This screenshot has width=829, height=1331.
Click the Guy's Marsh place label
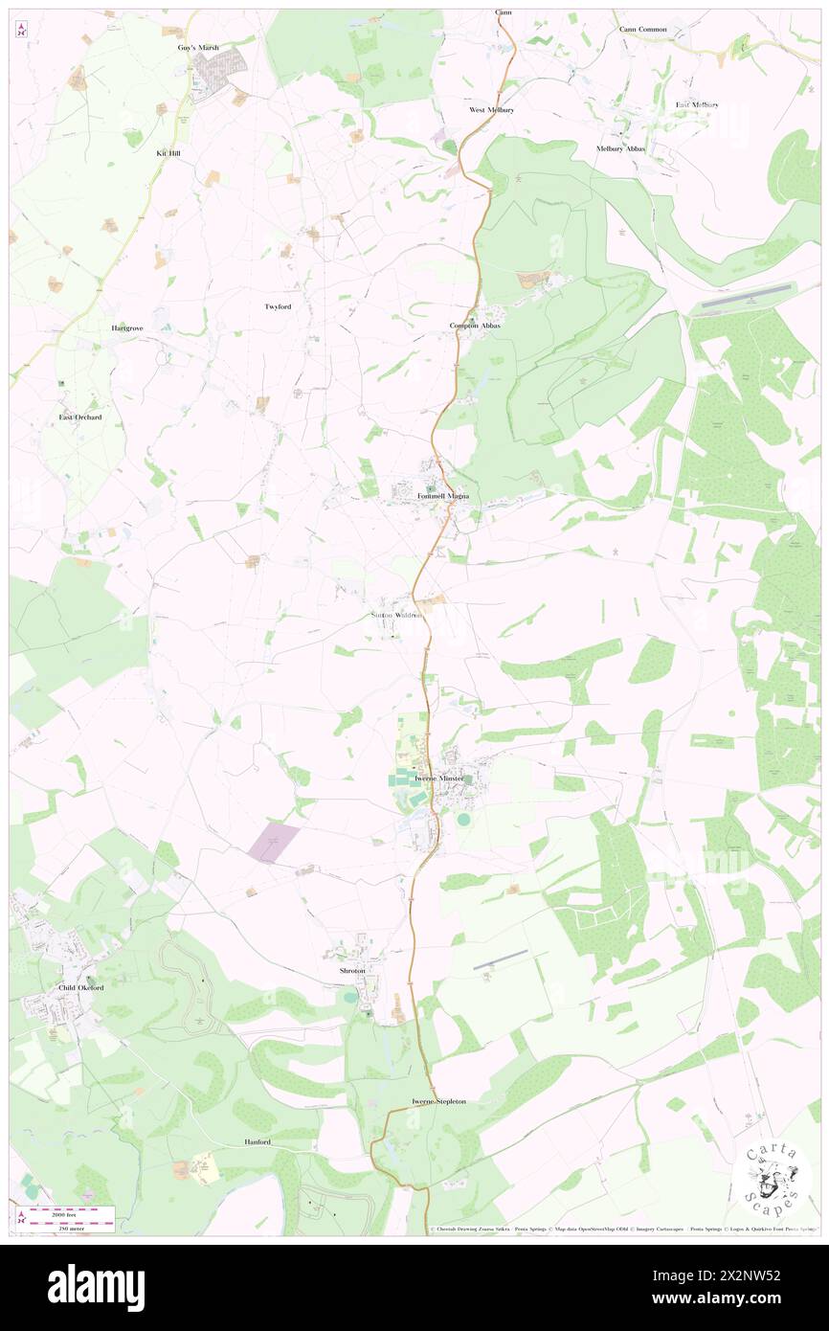(x=198, y=47)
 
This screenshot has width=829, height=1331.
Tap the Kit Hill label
(x=168, y=152)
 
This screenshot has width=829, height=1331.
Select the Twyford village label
(x=278, y=306)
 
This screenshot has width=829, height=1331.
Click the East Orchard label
(x=79, y=417)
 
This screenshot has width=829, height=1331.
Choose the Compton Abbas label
(x=475, y=326)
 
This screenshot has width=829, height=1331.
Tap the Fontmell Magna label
(x=443, y=496)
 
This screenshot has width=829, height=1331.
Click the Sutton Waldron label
(x=395, y=615)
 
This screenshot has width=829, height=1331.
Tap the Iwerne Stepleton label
(x=438, y=1101)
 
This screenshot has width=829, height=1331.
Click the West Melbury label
(x=491, y=110)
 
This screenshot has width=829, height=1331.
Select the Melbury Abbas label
(x=620, y=148)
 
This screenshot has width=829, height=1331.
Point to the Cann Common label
(x=642, y=29)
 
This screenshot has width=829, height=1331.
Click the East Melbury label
(x=697, y=104)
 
